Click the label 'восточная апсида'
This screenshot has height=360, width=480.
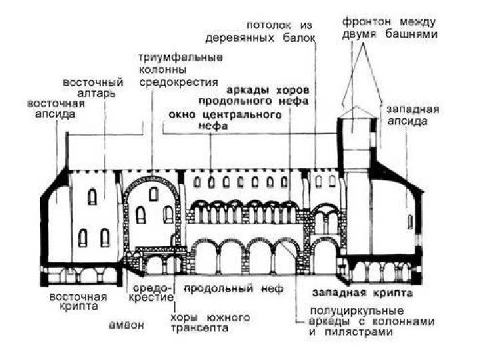click(51, 109)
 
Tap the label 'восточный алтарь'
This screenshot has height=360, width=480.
click(93, 88)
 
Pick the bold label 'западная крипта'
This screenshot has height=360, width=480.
click(363, 292)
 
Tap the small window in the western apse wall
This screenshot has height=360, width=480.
click(411, 221)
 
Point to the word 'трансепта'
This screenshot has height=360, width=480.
click(200, 327)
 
